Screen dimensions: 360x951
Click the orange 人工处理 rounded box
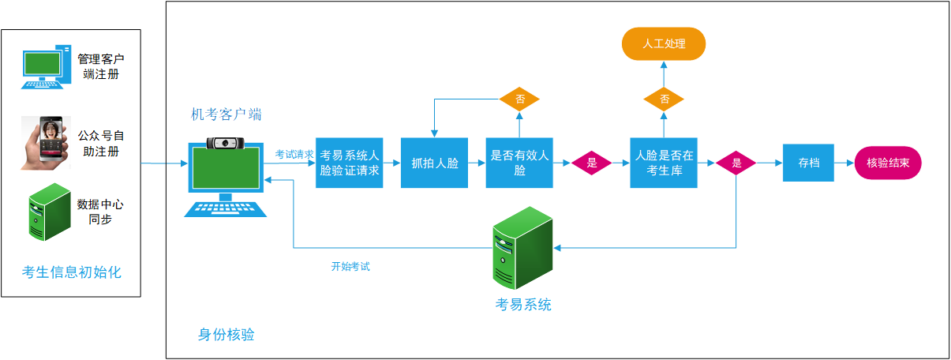[x=663, y=43]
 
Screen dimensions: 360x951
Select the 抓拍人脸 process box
[x=434, y=163]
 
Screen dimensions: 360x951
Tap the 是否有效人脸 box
[x=519, y=163]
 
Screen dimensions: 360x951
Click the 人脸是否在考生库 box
[x=664, y=163]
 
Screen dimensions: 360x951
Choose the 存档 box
[x=808, y=163]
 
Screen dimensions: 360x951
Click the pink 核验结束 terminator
[x=887, y=163]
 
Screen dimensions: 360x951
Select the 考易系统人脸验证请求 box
[x=349, y=163]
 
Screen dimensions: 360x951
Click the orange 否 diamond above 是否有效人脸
[x=519, y=99]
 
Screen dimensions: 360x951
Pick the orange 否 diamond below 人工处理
[x=664, y=99]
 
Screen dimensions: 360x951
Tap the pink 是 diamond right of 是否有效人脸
[x=592, y=163]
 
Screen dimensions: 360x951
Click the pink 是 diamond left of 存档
[x=736, y=163]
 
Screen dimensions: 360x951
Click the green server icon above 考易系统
[x=521, y=248]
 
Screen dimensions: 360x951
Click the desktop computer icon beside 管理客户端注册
[x=43, y=68]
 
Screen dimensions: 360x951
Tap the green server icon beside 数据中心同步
[x=46, y=212]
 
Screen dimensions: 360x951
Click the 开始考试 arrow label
[x=350, y=267]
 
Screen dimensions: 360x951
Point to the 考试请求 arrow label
[x=294, y=155]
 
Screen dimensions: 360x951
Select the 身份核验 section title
[x=226, y=335]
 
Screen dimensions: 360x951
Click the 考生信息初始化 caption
[x=71, y=272]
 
